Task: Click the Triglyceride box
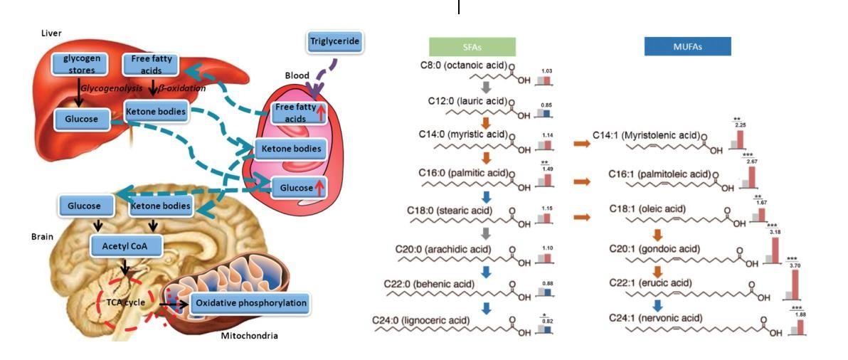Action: coord(334,43)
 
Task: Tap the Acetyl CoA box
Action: coord(125,246)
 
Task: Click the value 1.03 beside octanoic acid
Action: coord(546,71)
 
